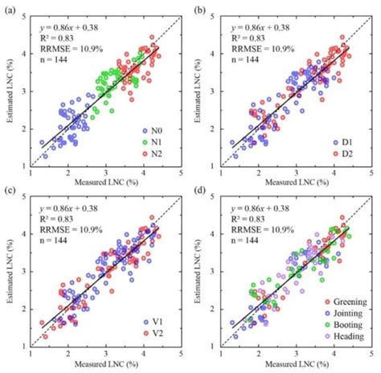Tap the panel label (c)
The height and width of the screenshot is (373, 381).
(x=8, y=190)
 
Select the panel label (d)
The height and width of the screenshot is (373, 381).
(x=198, y=190)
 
